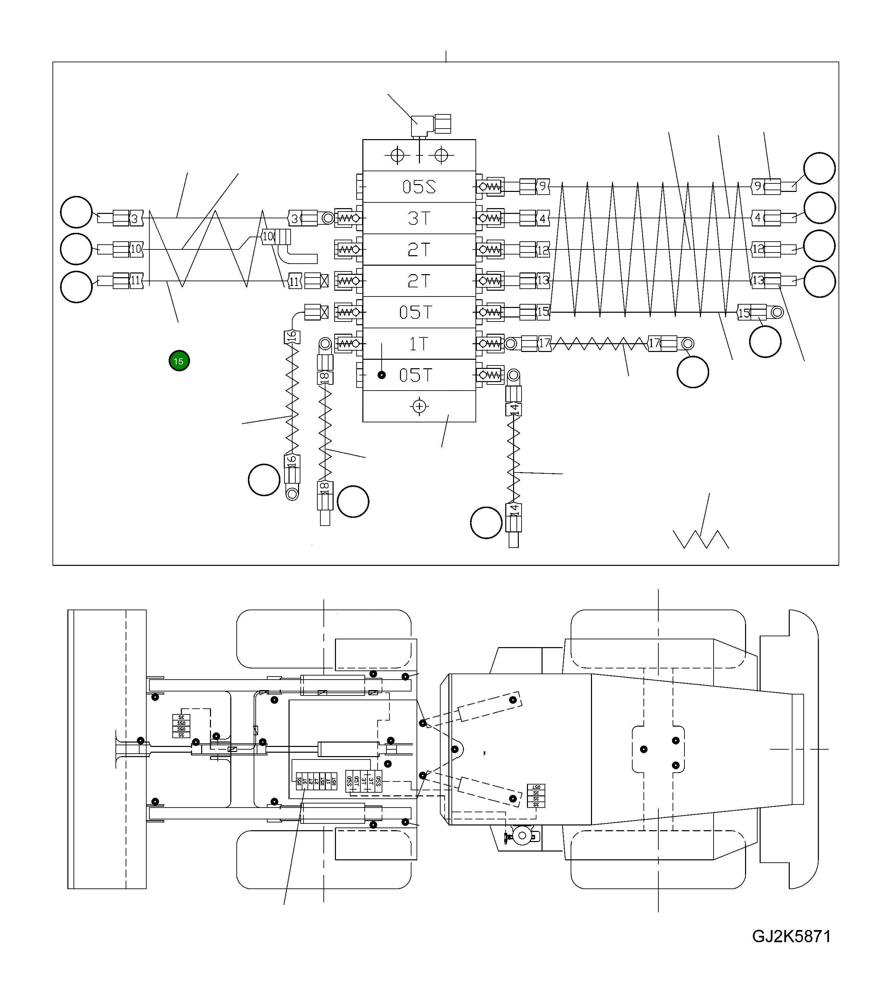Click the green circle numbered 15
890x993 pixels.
click(x=179, y=361)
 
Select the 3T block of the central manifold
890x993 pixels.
click(x=419, y=218)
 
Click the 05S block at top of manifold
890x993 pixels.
click(x=419, y=187)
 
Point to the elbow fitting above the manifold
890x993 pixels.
click(x=422, y=125)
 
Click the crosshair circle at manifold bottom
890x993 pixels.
click(x=419, y=406)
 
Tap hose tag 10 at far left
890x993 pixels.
click(x=136, y=249)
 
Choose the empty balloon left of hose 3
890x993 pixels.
click(x=76, y=212)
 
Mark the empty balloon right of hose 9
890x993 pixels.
click(x=820, y=168)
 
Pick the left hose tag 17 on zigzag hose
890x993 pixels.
click(x=544, y=344)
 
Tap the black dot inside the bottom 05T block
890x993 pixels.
click(x=382, y=375)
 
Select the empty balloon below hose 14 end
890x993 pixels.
click(x=486, y=523)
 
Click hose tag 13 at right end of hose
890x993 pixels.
click(x=758, y=281)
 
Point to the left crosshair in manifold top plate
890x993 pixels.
click(x=397, y=155)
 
